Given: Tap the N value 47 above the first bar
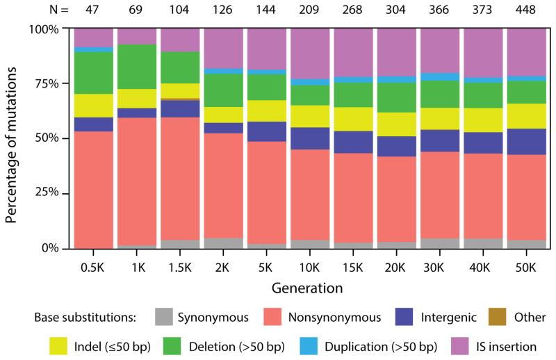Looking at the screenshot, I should [x=93, y=10].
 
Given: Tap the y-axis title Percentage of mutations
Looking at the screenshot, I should [x=12, y=138].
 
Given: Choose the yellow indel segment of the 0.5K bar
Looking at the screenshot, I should [x=93, y=106].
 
